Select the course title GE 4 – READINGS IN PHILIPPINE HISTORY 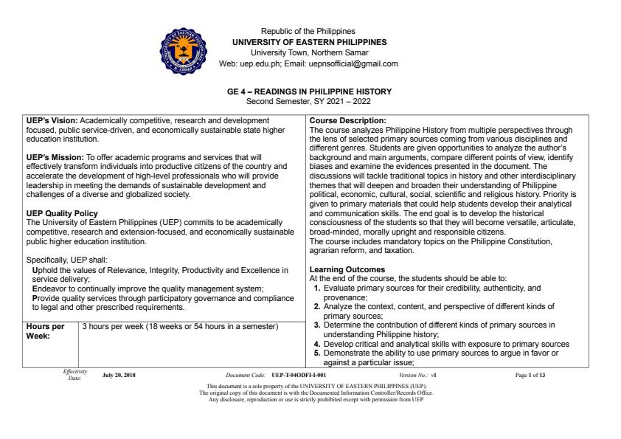tap(309, 91)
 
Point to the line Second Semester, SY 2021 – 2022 tap(309, 100)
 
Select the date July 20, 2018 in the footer tap(119, 375)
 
